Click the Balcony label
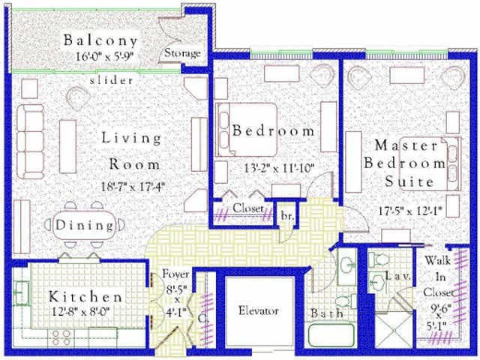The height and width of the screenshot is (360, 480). click(x=100, y=40)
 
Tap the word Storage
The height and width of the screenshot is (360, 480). click(x=182, y=53)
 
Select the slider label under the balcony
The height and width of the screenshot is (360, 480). click(x=112, y=79)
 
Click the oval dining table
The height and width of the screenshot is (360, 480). click(x=85, y=224)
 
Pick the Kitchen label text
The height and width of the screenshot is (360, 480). click(x=86, y=296)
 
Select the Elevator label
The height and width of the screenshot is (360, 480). click(x=259, y=310)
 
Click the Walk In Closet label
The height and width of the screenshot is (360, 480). click(x=438, y=277)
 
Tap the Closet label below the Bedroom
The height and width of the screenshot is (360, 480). click(x=247, y=208)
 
